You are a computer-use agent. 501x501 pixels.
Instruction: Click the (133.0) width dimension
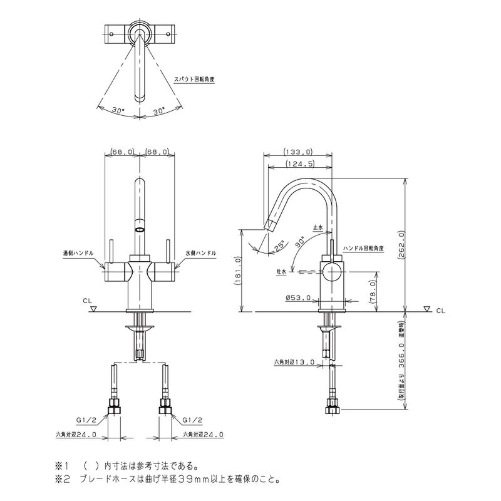298,151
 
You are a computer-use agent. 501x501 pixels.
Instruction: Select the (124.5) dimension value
299,163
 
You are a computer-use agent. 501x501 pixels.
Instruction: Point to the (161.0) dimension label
238,271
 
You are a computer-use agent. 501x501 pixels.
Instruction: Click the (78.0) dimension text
373,291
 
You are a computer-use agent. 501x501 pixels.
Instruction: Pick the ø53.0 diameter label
299,298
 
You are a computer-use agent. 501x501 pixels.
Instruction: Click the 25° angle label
279,245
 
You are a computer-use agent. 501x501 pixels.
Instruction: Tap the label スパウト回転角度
194,80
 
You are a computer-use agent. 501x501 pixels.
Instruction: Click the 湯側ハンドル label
78,253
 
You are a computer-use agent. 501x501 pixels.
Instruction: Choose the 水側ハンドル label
200,253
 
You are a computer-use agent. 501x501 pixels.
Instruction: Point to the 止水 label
318,227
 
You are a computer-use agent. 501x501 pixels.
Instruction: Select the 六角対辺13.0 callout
294,362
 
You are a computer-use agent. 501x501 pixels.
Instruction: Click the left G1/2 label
86,420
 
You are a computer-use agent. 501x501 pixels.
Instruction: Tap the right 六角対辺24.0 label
203,435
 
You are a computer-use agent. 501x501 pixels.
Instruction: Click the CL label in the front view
87,301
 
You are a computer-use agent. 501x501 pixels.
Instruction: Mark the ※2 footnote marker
62,480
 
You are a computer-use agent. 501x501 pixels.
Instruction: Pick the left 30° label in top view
118,110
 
